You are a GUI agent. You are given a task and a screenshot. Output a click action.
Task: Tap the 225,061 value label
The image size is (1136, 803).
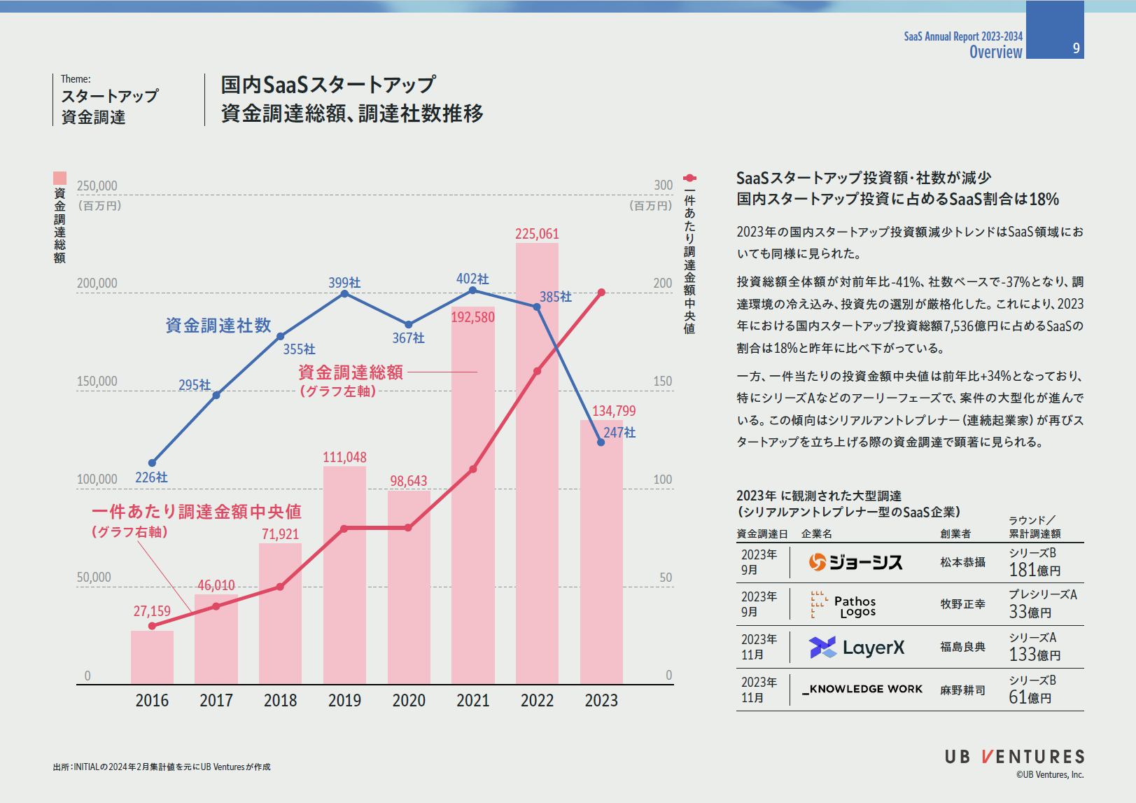tap(537, 234)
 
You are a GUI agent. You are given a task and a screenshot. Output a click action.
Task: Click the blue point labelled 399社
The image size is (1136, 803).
tap(344, 294)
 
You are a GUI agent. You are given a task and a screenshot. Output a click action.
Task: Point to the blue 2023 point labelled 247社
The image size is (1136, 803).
tap(601, 442)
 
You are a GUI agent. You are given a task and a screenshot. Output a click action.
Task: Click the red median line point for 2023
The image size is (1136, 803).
tap(601, 293)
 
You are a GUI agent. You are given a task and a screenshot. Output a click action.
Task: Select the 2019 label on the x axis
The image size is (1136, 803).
tap(344, 700)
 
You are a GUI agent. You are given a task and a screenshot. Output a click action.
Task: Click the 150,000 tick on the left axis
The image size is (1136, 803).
tap(97, 382)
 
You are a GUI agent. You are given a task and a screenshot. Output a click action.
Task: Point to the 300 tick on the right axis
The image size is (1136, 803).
tap(663, 186)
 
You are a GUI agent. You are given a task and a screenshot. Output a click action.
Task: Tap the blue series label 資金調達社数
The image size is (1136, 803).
tap(218, 326)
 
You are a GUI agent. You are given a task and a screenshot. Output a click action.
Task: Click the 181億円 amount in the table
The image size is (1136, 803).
tap(1035, 570)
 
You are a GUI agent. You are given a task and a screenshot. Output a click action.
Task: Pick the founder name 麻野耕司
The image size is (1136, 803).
tap(962, 690)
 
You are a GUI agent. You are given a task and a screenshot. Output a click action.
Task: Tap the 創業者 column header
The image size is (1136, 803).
tap(955, 533)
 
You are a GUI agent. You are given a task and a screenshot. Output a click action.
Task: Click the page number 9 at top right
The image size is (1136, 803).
tap(1076, 48)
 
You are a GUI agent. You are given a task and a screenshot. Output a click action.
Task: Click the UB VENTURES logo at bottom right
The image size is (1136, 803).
tap(1014, 757)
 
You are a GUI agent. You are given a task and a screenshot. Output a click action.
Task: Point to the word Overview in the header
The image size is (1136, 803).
tap(995, 52)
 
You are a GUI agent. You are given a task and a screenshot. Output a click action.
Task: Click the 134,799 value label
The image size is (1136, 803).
tap(614, 411)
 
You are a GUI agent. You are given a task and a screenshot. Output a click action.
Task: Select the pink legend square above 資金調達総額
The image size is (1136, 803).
tap(60, 179)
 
